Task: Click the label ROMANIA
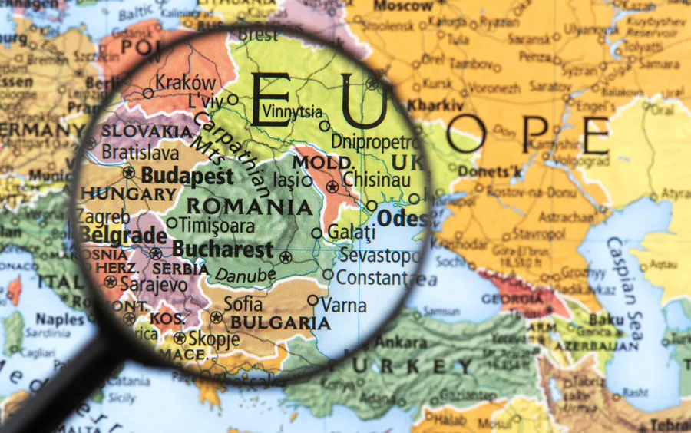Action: (250, 207)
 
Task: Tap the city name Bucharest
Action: (223, 249)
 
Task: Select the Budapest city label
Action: (187, 176)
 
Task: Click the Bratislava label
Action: (140, 152)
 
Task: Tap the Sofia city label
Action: (243, 303)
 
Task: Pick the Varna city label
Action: (343, 304)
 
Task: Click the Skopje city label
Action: (213, 339)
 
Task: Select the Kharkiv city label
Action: (435, 105)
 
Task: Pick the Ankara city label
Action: (400, 342)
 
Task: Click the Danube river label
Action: (245, 274)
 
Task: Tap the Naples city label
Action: (60, 319)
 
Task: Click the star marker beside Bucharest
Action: (286, 257)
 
